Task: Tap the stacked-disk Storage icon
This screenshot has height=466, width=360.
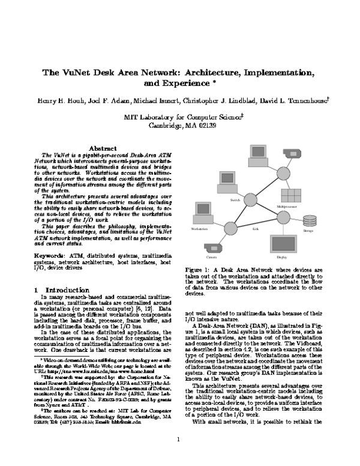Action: [309, 220]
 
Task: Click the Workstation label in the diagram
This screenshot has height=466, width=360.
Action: [199, 229]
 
